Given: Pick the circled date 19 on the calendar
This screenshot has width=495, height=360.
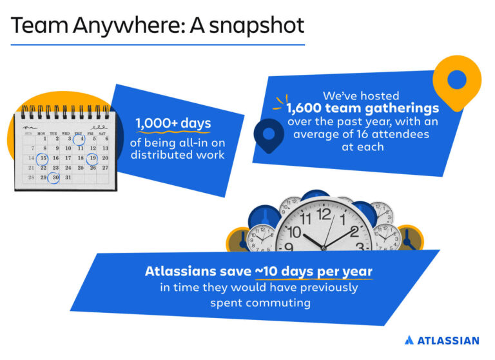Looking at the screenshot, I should [x=93, y=157].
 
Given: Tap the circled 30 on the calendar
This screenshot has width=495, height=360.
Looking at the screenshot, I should [x=56, y=177].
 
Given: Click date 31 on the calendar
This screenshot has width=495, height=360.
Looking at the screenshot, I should [x=68, y=177].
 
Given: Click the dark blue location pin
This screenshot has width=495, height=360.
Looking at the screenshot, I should [x=266, y=133].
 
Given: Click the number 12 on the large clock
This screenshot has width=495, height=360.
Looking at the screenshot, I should [x=324, y=213].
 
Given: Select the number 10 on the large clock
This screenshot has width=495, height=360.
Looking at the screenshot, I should [x=295, y=232].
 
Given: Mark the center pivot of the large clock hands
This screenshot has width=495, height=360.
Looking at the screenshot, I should [x=324, y=246].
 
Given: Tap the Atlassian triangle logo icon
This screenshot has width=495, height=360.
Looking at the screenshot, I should [x=409, y=340].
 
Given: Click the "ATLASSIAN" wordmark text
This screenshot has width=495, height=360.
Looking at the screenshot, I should [x=449, y=340].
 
